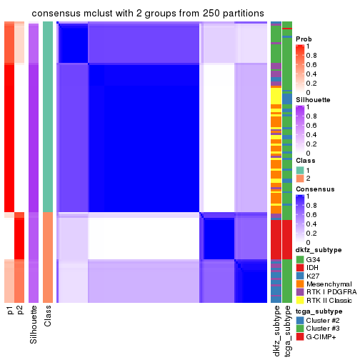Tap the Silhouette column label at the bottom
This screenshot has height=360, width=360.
tap(34, 324)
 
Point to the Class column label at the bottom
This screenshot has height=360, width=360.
tap(48, 317)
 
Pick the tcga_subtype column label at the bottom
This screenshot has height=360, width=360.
tap(287, 330)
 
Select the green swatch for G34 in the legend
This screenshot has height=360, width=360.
tap(300, 259)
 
